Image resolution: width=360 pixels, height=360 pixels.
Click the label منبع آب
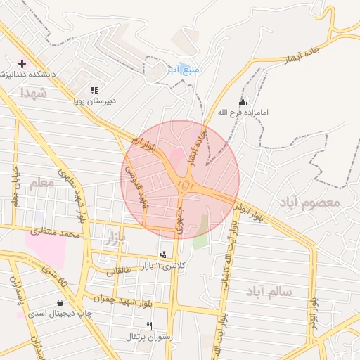coord(184,70)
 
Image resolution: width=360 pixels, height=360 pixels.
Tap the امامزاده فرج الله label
coord(243,112)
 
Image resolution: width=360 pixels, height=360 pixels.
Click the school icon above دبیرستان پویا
coord(94,90)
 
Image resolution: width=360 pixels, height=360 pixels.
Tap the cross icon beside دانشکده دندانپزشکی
coord(22,63)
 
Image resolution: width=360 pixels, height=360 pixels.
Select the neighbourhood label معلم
coord(41,184)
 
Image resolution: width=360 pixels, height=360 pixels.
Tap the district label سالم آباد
coord(269,290)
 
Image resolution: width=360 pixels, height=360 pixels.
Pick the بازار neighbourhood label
coord(115,239)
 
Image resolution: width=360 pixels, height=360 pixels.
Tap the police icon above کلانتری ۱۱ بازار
coord(164,255)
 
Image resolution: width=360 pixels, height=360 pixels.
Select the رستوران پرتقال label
coord(148,337)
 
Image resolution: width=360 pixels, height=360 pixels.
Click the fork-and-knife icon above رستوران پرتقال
coord(149,326)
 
